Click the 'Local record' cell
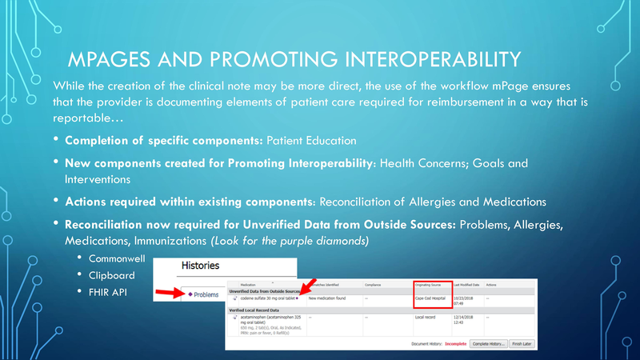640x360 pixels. pos(426,317)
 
